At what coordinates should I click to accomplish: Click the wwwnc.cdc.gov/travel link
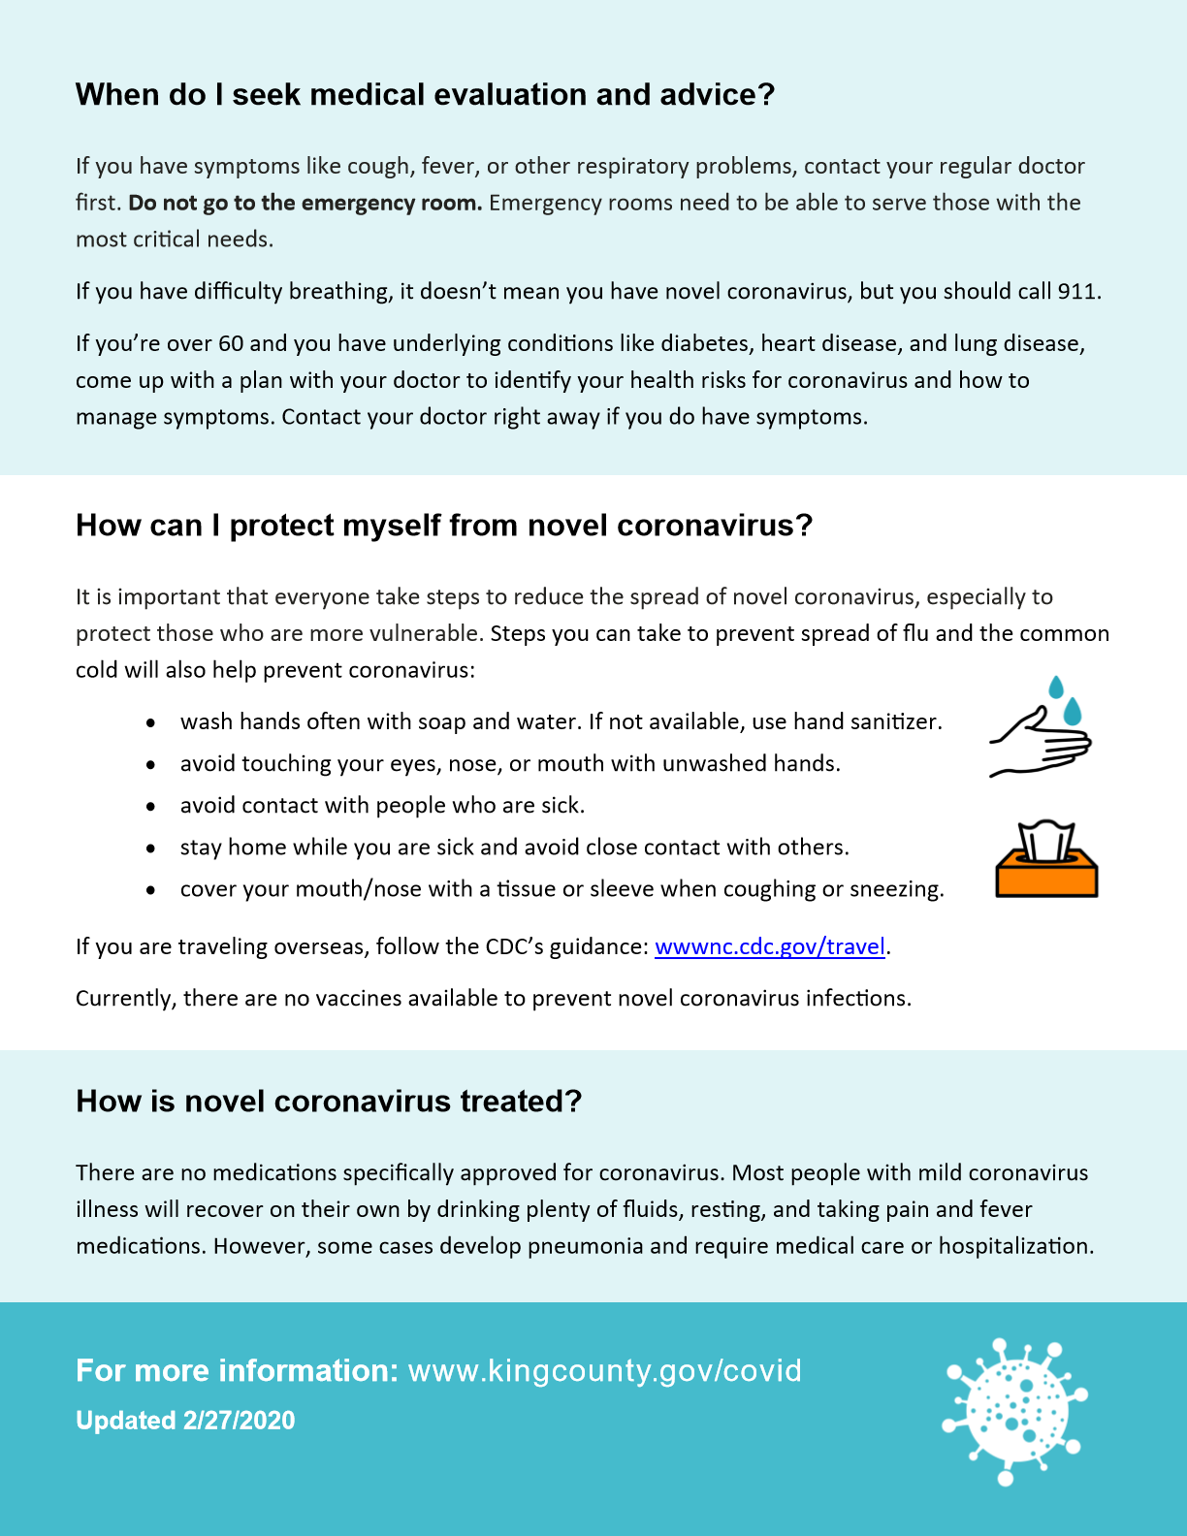770,946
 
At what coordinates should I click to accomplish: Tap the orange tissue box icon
1046,860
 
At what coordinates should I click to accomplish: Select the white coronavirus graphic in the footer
1013,1411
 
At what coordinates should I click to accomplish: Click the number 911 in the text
1076,292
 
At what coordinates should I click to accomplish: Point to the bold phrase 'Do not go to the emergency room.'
305,203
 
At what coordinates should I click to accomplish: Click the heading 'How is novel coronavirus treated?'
329,1102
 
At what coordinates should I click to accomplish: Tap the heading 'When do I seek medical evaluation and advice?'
425,95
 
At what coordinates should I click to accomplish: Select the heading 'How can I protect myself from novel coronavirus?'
444,526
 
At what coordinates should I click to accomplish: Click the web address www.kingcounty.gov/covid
604,1371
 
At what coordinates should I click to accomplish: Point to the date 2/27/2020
239,1421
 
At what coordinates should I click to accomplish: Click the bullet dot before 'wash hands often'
151,723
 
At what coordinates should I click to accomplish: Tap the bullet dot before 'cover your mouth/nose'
151,890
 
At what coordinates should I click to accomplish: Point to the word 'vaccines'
356,999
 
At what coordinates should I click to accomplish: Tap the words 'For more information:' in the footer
237,1371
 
